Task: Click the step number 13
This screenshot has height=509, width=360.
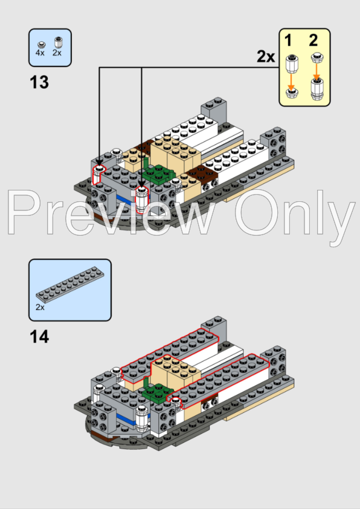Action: [x=39, y=82]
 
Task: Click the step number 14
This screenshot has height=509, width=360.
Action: [x=39, y=336]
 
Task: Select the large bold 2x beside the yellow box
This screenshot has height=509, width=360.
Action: [x=266, y=57]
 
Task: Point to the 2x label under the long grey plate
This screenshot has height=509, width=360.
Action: [x=40, y=307]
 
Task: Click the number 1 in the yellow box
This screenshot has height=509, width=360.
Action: [x=288, y=41]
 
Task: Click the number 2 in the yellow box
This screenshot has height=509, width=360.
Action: [x=313, y=41]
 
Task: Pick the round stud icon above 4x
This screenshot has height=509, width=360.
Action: [x=41, y=44]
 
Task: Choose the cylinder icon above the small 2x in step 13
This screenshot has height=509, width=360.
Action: [x=59, y=42]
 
